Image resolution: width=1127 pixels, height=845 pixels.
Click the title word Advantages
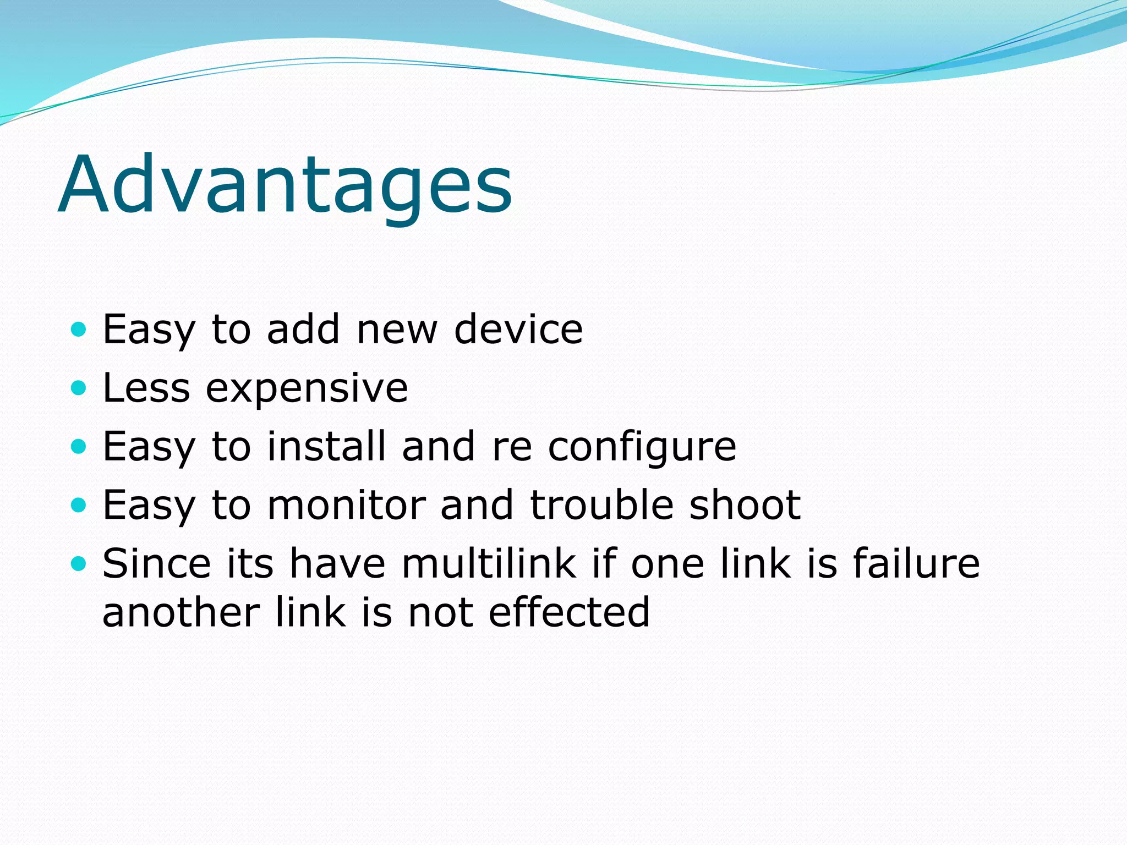click(x=285, y=184)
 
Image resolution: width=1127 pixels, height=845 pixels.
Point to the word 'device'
click(x=518, y=329)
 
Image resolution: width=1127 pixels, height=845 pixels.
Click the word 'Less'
click(x=146, y=388)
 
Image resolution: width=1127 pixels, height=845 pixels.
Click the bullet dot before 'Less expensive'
click(x=79, y=388)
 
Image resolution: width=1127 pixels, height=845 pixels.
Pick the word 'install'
click(x=326, y=446)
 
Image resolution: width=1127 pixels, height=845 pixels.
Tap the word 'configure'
click(x=642, y=447)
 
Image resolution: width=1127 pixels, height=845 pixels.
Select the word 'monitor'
click(x=347, y=504)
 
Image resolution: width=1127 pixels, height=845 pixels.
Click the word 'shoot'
click(x=745, y=504)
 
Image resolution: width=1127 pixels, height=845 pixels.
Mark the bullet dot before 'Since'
click(x=79, y=563)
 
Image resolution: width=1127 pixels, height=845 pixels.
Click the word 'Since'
click(x=157, y=563)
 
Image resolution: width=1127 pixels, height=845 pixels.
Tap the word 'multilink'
click(x=489, y=563)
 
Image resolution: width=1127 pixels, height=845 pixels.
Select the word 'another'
click(x=181, y=612)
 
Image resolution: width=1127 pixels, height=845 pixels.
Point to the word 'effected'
click(x=569, y=611)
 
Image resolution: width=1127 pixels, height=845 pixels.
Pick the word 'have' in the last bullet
click(x=337, y=563)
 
